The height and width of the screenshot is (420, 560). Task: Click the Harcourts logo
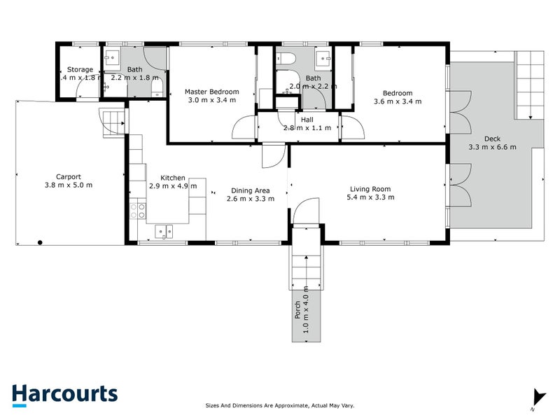pos(64,393)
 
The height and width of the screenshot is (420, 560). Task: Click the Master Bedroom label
pos(211,92)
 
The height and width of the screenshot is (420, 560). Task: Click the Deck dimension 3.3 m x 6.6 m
pos(492,147)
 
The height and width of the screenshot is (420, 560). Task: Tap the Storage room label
pos(80,69)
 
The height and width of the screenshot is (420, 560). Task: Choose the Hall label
pos(307,120)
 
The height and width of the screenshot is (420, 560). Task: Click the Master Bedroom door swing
pos(244,127)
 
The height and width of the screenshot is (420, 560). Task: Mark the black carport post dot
pos(41,243)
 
